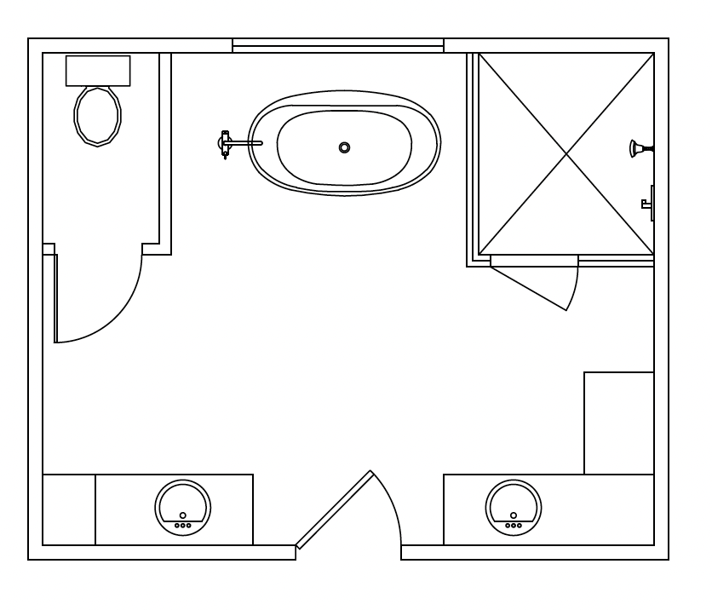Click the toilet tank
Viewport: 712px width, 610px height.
[98, 71]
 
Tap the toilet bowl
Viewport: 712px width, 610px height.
[97, 115]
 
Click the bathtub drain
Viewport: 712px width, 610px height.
[344, 147]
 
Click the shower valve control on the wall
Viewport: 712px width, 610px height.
[648, 203]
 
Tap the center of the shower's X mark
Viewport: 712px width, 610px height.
[566, 153]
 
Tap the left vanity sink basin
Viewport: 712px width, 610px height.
[182, 504]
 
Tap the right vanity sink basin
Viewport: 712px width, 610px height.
[514, 504]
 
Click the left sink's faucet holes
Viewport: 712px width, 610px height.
[182, 526]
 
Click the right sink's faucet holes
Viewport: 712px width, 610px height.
[514, 525]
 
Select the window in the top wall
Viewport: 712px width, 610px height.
[338, 46]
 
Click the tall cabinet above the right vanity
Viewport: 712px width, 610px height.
[618, 423]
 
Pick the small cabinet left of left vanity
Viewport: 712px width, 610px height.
[69, 509]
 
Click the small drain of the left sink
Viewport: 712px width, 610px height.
[182, 515]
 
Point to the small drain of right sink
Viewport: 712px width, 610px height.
[514, 515]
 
